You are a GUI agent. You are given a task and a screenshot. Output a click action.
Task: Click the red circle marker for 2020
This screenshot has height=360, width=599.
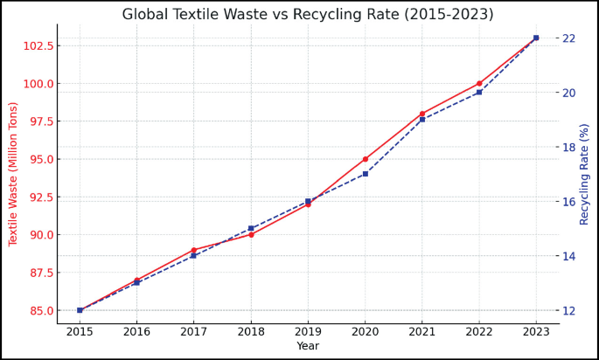click(366, 159)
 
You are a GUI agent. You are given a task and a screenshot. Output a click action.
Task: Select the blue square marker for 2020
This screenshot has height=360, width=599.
click(366, 174)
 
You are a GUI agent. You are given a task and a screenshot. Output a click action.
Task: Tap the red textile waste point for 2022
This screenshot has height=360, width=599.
click(479, 84)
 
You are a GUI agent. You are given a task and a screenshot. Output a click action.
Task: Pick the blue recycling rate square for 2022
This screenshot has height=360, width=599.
click(479, 93)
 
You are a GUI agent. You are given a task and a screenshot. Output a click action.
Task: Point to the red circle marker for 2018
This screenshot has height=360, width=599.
click(251, 234)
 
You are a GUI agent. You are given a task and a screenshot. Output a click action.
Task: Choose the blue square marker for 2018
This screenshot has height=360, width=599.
click(251, 228)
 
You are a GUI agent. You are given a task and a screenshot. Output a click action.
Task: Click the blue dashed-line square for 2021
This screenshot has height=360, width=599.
click(422, 120)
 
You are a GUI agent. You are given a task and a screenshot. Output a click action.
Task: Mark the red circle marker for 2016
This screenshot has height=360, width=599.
click(136, 280)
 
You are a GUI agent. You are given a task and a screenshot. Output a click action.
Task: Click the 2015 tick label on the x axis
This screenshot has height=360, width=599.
click(80, 332)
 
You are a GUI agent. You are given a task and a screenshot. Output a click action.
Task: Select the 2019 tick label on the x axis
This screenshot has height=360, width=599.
click(308, 332)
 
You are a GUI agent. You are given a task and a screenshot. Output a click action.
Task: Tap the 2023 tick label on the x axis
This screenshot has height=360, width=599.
click(536, 332)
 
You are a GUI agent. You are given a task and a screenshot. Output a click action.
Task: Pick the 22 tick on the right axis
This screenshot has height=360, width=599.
click(569, 38)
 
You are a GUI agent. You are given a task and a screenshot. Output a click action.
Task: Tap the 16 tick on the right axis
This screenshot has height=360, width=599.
click(569, 202)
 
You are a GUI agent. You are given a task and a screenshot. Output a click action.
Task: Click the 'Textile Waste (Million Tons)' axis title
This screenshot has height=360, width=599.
click(13, 174)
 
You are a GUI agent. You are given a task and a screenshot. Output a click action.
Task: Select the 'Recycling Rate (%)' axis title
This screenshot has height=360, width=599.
click(585, 174)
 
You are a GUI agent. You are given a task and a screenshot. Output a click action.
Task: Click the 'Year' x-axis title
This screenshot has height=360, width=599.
click(308, 347)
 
